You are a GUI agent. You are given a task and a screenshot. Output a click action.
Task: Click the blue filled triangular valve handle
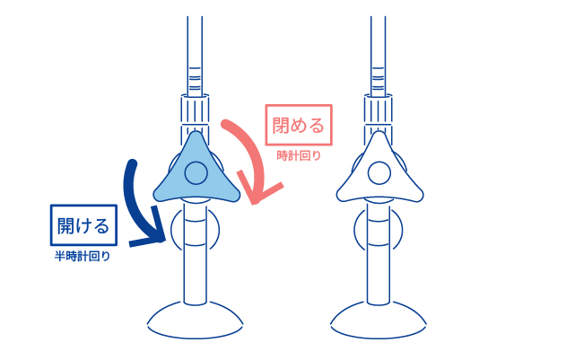[x=175, y=179]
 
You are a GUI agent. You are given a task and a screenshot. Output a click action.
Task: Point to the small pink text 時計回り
[x=300, y=157]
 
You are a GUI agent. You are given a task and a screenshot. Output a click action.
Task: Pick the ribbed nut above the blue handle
[x=195, y=111]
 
